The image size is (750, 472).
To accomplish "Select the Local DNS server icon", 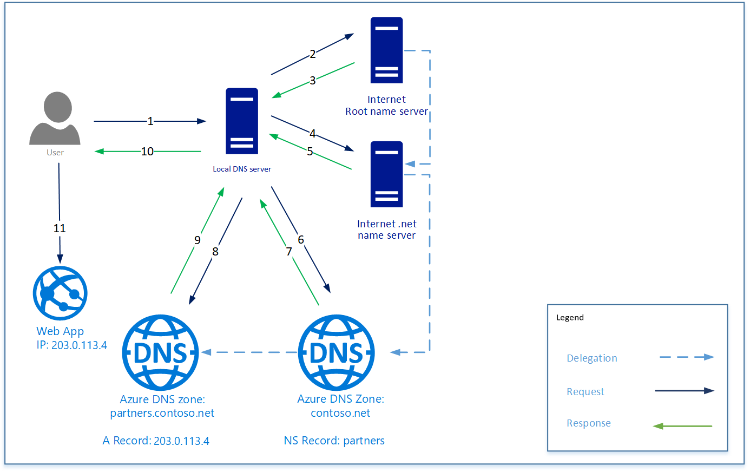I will click(x=242, y=121).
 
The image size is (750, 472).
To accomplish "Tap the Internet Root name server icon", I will click(x=386, y=50).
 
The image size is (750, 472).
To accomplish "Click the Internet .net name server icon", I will click(x=386, y=174).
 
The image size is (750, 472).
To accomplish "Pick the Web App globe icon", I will click(x=60, y=293).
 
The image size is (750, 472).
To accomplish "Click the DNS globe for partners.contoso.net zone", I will click(x=161, y=352).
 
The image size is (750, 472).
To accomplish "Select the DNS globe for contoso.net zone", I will click(x=337, y=352).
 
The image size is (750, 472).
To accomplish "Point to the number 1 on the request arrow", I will click(x=150, y=121).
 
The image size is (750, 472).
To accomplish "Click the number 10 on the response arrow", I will click(x=147, y=152).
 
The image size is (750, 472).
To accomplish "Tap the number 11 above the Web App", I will click(x=60, y=228).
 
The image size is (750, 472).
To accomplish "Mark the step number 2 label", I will click(x=312, y=54).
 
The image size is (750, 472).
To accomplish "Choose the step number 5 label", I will click(x=310, y=152).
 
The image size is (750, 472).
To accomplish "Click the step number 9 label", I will click(x=198, y=240).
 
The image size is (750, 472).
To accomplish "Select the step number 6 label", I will click(x=301, y=239).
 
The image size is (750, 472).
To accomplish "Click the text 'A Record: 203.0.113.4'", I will click(x=156, y=441).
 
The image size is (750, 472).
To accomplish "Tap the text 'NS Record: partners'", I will click(x=334, y=441).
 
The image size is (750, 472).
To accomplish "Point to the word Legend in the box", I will click(x=570, y=318).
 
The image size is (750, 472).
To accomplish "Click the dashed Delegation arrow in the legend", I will click(x=686, y=357).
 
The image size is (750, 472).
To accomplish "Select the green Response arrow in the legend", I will click(x=683, y=426).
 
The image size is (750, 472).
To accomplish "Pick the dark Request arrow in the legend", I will click(x=684, y=391).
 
